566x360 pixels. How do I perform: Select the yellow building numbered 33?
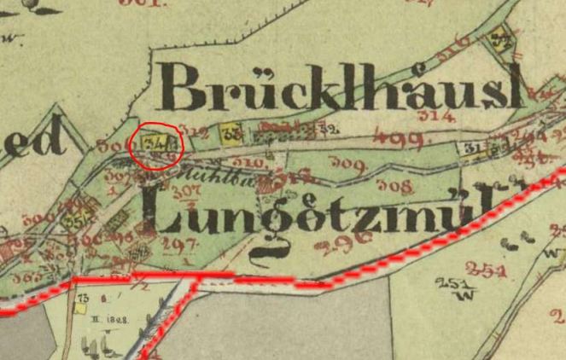230,133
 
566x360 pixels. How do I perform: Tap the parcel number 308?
394,186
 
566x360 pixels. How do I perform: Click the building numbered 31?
470,149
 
